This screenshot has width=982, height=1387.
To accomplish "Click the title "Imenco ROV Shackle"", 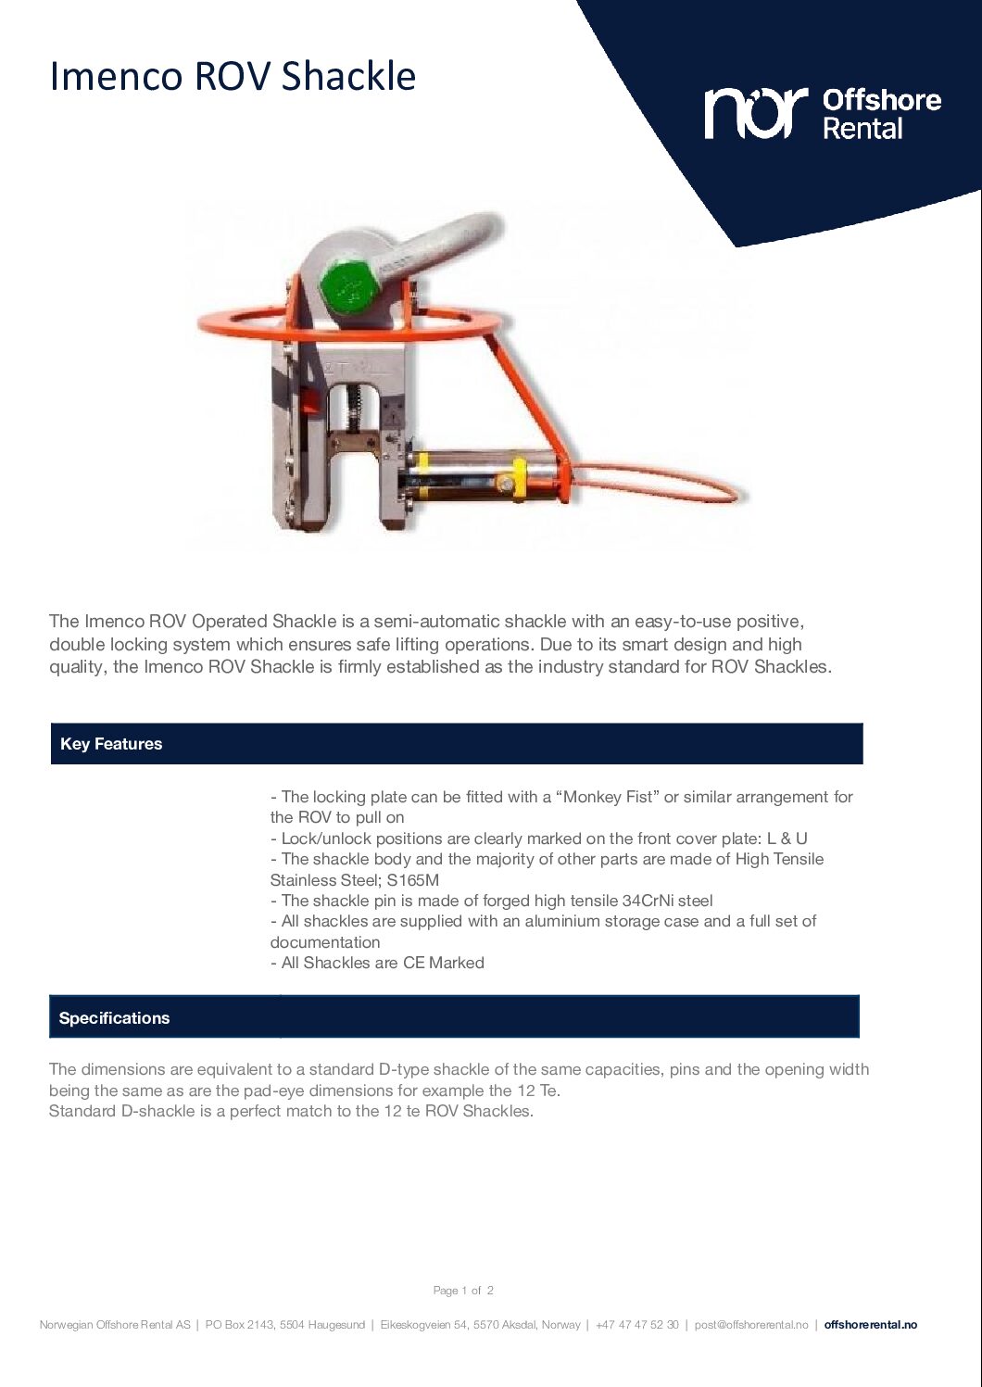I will point(233,76).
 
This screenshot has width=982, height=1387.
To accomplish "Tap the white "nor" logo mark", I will point(755,113).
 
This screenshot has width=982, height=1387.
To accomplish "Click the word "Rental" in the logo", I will point(862,128).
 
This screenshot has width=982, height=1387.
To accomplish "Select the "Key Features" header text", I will point(111,744).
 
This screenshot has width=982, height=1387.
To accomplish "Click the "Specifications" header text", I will point(114,1018).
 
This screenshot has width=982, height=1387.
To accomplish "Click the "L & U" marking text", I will point(787,839).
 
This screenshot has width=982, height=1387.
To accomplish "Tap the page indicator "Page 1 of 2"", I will point(463,1291).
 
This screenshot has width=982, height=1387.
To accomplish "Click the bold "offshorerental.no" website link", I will point(870,1325).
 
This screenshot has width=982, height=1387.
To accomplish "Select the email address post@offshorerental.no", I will point(751,1325).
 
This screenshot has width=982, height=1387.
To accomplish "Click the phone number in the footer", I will point(636,1325).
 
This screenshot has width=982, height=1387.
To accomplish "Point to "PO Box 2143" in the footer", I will point(240,1325).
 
